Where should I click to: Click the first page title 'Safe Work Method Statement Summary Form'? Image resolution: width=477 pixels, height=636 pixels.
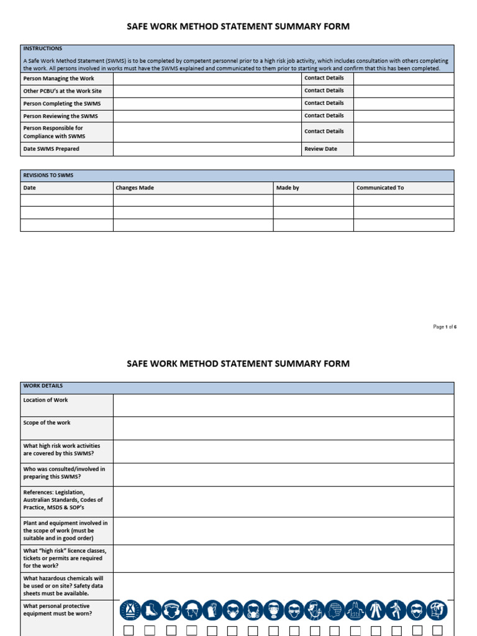pos(238,27)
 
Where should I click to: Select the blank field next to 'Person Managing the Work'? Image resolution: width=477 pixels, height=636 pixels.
pos(207,78)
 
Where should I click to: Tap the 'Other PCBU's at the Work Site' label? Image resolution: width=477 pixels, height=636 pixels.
pos(62,91)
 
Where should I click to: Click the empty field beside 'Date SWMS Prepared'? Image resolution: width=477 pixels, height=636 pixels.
pos(207,149)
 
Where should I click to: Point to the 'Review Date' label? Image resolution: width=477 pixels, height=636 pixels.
pos(320,149)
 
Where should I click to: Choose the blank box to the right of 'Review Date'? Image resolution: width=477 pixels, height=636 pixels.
pos(403,149)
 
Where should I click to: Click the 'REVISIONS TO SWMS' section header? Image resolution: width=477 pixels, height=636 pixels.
pos(48,176)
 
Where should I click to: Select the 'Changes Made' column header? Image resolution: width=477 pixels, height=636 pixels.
pos(135,188)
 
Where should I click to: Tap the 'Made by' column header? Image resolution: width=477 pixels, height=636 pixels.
pos(288,188)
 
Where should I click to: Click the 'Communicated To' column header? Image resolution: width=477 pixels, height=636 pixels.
pos(380,188)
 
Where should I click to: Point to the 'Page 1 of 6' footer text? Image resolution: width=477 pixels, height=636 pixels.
pos(445,327)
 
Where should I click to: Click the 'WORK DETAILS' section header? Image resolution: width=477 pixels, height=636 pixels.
pos(43,386)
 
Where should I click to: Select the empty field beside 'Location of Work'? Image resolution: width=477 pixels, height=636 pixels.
pos(283,405)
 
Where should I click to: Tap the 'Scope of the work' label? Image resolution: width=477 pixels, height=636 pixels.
pos(47,423)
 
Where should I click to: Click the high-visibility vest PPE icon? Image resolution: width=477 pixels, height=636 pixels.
pos(130,611)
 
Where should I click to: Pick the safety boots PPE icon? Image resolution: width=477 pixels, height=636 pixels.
pos(150,611)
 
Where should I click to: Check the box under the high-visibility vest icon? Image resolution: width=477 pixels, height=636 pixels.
pos(129,630)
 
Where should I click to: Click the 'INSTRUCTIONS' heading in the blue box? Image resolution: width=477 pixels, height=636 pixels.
pos(42,48)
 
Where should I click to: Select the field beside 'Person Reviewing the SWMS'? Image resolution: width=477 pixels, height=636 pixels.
pos(207,116)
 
